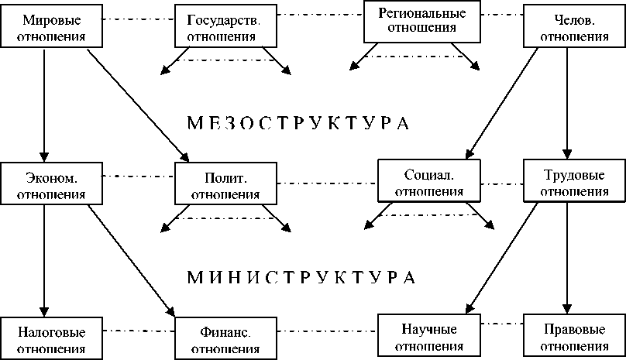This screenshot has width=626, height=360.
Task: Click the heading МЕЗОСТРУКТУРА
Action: (298, 123)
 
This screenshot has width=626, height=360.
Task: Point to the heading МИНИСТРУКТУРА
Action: (298, 276)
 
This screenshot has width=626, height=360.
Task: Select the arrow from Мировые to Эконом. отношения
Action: (44, 105)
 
